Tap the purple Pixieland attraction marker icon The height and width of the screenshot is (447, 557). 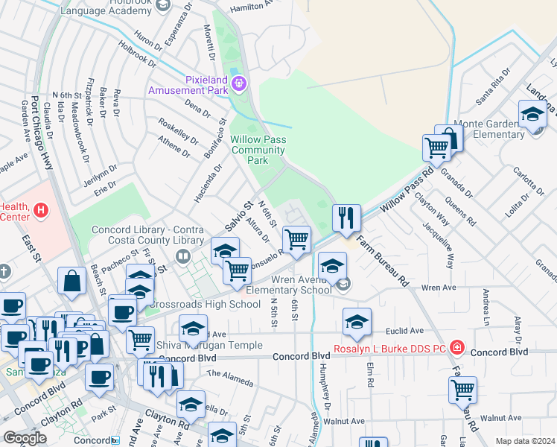pos(239,83)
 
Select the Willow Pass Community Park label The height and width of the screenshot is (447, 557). pos(258,150)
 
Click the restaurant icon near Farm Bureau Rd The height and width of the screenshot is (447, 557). pos(346,217)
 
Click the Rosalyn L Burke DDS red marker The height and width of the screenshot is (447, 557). pos(457,348)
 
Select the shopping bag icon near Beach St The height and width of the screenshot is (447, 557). pos(72,281)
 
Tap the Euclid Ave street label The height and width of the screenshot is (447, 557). pos(404,330)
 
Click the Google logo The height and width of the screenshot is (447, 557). pos(25,438)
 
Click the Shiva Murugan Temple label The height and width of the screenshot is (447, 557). pos(209,345)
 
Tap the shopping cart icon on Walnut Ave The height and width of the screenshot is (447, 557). pos(462,389)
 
